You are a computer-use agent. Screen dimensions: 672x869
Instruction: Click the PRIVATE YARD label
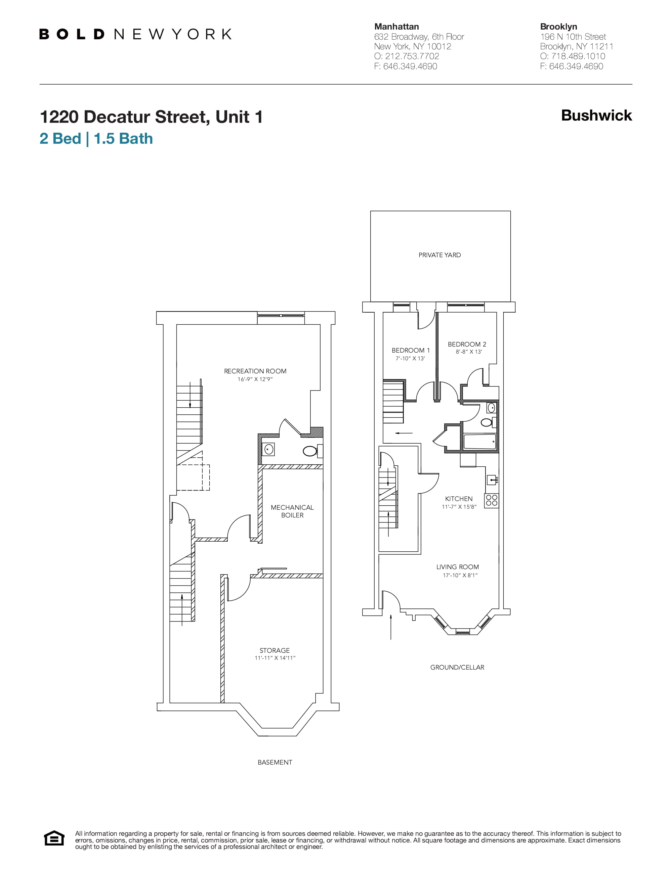pos(439,255)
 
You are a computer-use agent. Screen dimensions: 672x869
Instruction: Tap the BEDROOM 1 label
pos(411,350)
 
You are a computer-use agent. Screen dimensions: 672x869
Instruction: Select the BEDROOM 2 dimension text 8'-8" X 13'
pos(469,352)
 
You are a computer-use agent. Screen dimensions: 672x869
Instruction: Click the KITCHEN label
pos(459,499)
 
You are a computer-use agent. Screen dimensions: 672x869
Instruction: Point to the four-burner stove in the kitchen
pos(492,501)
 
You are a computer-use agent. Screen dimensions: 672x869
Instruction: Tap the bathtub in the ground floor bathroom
pos(480,441)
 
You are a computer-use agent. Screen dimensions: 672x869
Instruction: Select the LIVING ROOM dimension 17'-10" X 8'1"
pos(460,575)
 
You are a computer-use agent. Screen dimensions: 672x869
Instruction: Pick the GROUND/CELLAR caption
pos(457,667)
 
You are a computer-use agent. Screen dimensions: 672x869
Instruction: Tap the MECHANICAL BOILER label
pos(292,511)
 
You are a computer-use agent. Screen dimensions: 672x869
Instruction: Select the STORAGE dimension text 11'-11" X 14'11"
pos(275,658)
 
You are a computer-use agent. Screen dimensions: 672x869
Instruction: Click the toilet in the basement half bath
pos(310,451)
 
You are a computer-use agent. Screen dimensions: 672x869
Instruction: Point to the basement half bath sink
pos(269,450)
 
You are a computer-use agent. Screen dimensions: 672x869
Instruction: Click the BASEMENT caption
pos(275,762)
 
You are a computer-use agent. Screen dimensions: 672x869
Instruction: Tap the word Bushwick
pos(596,116)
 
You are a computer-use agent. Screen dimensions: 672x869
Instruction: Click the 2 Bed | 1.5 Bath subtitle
pos(96,138)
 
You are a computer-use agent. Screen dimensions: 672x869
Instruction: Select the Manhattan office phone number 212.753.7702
pos(412,56)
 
